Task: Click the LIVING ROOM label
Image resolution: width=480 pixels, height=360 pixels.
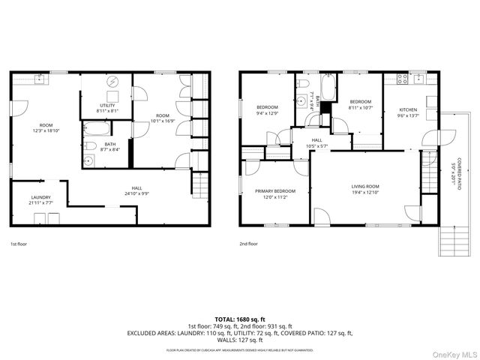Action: [x=365, y=187]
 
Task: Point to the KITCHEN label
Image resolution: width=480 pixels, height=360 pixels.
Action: [x=408, y=110]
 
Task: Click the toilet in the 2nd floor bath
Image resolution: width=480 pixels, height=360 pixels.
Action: [x=301, y=83]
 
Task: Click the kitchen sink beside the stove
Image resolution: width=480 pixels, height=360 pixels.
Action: [x=417, y=77]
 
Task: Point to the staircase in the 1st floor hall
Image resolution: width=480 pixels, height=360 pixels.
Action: [x=199, y=182]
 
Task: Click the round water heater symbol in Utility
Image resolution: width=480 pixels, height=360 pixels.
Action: [x=113, y=82]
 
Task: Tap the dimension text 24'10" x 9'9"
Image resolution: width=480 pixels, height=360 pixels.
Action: [x=137, y=193]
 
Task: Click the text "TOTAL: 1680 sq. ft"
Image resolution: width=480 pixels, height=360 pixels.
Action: [x=239, y=319]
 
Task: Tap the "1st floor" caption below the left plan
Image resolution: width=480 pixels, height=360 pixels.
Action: [x=19, y=244]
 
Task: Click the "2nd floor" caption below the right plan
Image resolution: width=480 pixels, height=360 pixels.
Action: [x=248, y=244]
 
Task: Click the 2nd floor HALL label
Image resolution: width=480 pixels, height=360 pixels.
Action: [x=316, y=139]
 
